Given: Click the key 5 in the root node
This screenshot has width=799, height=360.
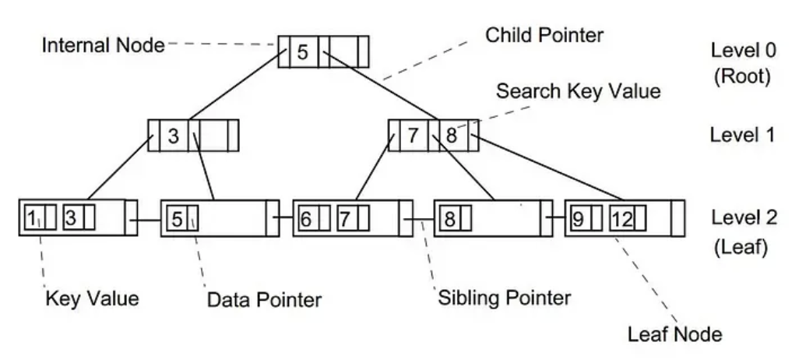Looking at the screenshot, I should pos(304,53).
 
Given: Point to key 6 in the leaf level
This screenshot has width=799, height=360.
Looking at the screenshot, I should pos(306,217).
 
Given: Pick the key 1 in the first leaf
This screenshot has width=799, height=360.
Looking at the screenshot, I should pos(32,217).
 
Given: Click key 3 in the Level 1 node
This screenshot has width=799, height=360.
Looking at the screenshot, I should pos(174,136).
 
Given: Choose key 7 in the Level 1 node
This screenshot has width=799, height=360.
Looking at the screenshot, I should pos(414,136).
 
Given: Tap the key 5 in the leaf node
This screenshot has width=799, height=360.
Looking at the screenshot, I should pos(177,217).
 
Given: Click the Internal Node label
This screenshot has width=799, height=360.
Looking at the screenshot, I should pos(103,45).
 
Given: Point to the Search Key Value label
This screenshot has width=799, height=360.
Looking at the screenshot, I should pos(579,91).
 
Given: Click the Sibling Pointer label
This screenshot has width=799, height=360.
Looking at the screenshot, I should pos(503,297).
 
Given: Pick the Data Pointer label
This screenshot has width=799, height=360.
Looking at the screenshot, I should pos(264,298).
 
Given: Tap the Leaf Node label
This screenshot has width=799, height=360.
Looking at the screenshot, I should pos(675,336).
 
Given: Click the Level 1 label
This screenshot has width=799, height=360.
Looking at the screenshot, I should pos(741,134).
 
